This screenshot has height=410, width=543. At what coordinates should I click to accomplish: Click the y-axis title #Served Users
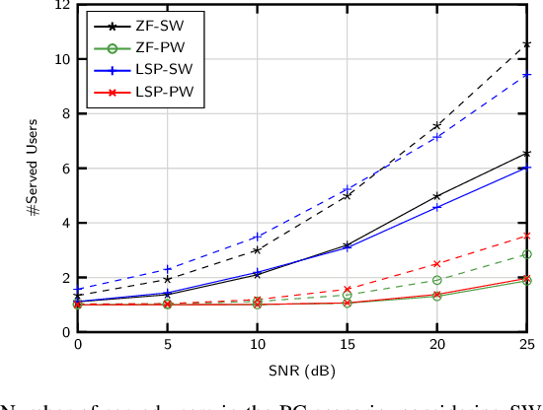tap(34, 169)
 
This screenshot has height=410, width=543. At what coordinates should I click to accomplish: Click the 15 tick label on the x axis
tap(347, 344)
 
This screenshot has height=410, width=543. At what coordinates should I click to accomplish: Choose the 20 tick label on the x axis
tap(436, 344)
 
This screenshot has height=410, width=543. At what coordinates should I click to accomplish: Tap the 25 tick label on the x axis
tap(526, 344)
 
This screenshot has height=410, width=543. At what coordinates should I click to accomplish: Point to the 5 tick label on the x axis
tap(168, 344)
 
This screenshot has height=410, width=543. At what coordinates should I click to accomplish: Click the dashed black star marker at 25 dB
tap(527, 44)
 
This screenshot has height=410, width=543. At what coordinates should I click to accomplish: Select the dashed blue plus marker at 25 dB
tap(527, 75)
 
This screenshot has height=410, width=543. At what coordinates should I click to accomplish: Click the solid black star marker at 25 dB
tap(527, 154)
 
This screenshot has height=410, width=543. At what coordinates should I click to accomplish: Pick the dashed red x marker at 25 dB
tap(527, 236)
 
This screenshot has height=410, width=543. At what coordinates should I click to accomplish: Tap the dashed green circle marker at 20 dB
tap(437, 280)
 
